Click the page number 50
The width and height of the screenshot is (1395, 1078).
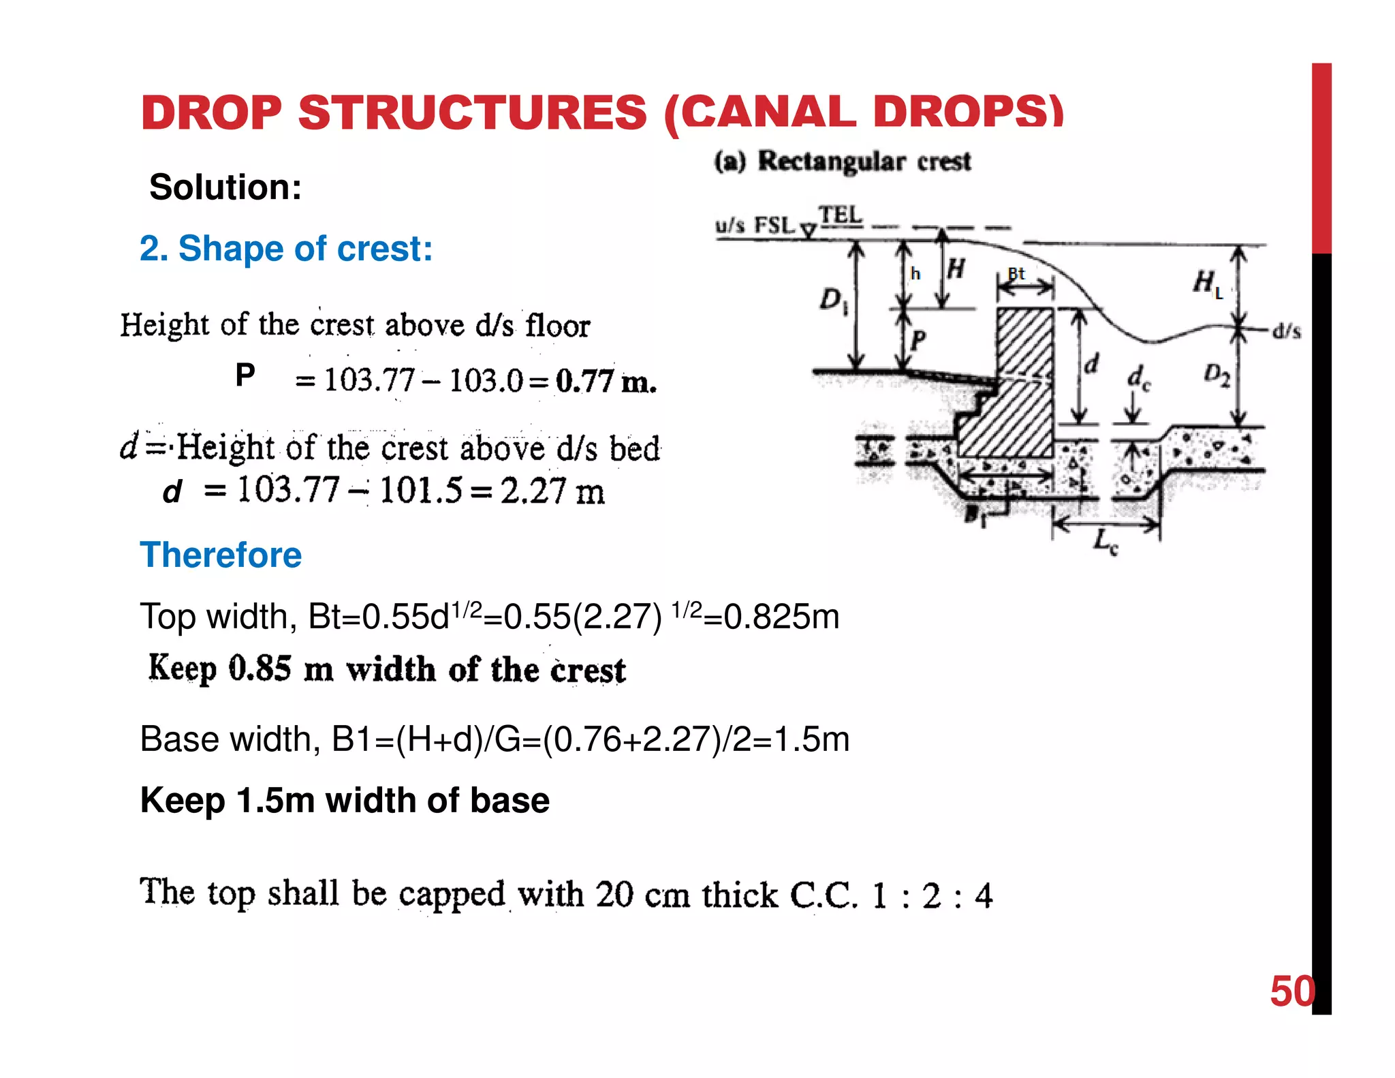(x=1291, y=991)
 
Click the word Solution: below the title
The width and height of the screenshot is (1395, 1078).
(x=225, y=187)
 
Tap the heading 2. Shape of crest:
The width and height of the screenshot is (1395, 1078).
(x=286, y=248)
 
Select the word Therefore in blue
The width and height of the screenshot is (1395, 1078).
(x=221, y=555)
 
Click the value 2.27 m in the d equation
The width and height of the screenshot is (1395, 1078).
(x=552, y=491)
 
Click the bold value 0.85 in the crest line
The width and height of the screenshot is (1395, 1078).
(x=260, y=668)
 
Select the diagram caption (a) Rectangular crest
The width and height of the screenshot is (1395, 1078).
(x=843, y=161)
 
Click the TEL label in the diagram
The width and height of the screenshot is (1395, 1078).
(x=840, y=215)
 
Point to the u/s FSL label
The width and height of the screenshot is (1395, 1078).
(x=755, y=225)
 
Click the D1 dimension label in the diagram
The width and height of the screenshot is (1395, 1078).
(x=832, y=300)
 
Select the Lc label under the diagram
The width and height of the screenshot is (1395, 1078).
(x=1105, y=543)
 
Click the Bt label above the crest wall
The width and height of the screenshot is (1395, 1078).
(x=1016, y=274)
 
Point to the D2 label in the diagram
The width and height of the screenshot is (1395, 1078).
(x=1217, y=375)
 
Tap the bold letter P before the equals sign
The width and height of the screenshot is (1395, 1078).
(x=245, y=375)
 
